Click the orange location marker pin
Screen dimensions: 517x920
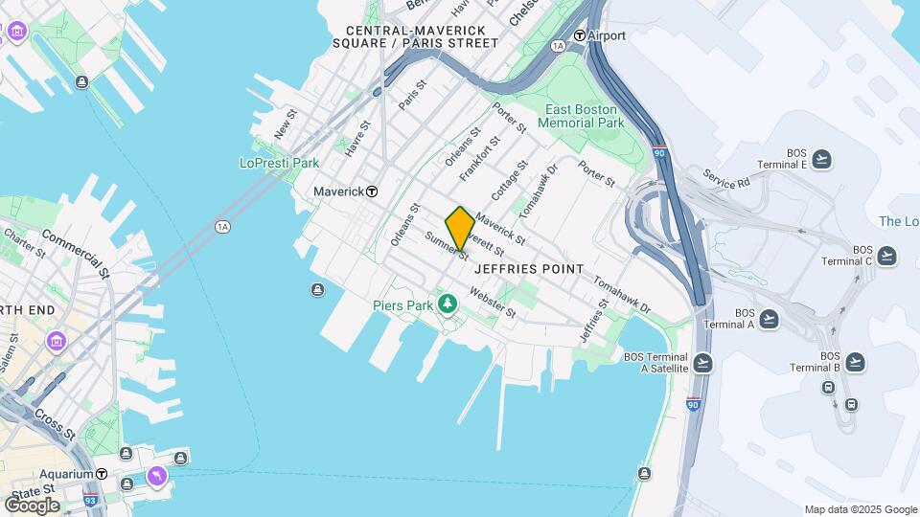(x=460, y=228)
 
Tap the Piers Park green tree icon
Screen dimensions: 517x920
(x=447, y=304)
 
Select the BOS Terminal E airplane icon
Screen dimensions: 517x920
(x=821, y=159)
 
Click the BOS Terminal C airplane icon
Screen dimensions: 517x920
(x=886, y=256)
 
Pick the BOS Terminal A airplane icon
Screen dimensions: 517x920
(x=769, y=319)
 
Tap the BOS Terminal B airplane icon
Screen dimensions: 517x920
(x=855, y=361)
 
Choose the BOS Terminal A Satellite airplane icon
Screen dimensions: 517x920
(x=703, y=361)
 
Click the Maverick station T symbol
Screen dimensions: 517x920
(x=372, y=191)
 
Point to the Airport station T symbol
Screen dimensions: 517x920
(x=579, y=36)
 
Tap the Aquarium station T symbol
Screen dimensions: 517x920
(x=102, y=474)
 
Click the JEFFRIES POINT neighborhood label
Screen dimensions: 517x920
(x=528, y=270)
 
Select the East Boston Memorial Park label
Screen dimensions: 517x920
(x=581, y=116)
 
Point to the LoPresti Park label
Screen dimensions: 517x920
(x=279, y=163)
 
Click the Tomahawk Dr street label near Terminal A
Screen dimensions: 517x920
(x=622, y=297)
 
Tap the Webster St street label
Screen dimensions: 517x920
(x=494, y=306)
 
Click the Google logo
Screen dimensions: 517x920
(x=31, y=505)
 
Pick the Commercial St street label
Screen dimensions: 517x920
(x=76, y=249)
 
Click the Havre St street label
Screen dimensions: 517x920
(x=356, y=140)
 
